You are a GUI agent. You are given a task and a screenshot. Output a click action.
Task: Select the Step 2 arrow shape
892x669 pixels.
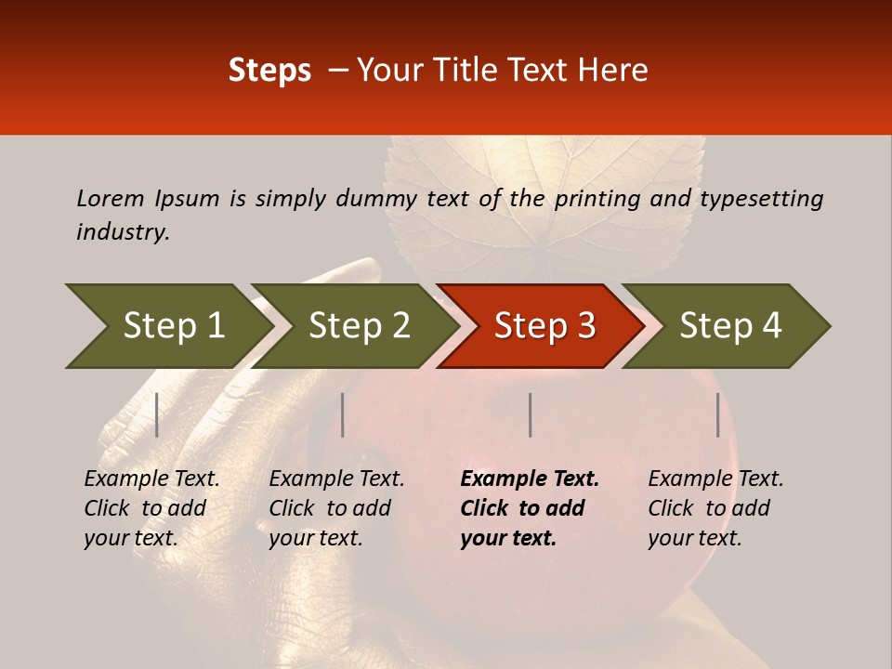[359, 326]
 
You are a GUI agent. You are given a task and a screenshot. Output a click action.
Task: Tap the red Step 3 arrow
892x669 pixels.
[544, 326]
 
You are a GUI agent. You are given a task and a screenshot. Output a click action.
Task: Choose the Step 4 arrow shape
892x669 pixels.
[730, 326]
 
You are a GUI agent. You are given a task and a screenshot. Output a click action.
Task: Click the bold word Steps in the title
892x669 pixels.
[269, 71]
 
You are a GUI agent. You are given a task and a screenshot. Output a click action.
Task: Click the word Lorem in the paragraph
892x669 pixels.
[111, 198]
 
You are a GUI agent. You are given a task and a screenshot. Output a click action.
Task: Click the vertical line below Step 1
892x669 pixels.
[157, 414]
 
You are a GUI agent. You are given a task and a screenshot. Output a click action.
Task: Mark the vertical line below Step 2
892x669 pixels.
[343, 414]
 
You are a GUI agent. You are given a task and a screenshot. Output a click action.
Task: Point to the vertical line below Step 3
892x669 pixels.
[530, 414]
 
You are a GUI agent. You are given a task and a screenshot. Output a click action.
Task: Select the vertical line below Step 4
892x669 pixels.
[717, 414]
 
